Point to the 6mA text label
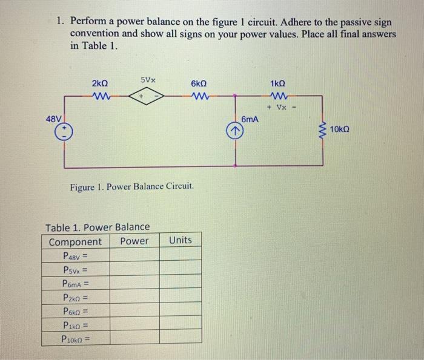click(250, 120)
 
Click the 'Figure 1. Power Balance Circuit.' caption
click(132, 185)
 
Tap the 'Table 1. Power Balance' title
click(98, 227)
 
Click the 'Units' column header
click(181, 240)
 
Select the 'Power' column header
click(134, 241)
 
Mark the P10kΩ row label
click(75, 339)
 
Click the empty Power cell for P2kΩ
click(134, 297)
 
